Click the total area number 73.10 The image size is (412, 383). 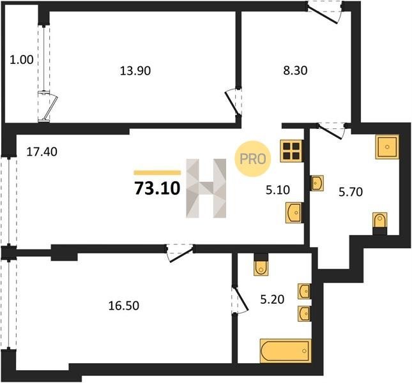pos(157,188)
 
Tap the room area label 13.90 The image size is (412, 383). pos(135,71)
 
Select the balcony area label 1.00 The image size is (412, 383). pos(22,60)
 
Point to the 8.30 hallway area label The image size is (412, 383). pos(295,71)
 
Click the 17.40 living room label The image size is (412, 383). pos(42,152)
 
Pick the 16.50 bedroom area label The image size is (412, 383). pos(124,306)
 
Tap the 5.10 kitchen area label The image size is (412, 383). pos(278,190)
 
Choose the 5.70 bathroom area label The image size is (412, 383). pos(351,192)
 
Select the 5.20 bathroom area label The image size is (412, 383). pos(272,299)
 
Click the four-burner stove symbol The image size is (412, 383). pos(292,151)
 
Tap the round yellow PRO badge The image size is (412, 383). pos(253,158)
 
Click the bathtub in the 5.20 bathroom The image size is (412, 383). pos(286,351)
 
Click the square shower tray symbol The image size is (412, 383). pos(387,147)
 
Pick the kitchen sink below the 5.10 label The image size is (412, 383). pos(294,213)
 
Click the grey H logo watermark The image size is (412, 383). pos(206,188)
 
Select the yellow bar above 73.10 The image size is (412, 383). pos(157,172)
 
